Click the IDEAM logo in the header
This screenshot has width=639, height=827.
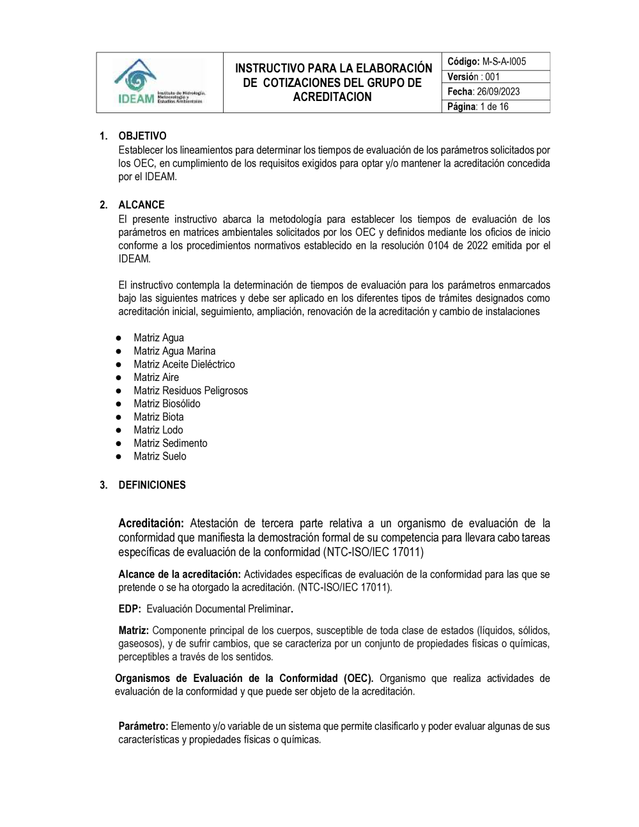(x=158, y=82)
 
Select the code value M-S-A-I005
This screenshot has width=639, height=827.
(x=504, y=61)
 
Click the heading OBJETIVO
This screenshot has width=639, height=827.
(x=142, y=136)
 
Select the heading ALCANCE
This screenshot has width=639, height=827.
(x=141, y=205)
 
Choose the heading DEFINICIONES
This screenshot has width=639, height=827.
(x=152, y=485)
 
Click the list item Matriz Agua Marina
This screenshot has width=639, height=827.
(x=174, y=351)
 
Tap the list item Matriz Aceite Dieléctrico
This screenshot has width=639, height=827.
(x=184, y=364)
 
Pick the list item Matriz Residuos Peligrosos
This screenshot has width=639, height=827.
(x=190, y=390)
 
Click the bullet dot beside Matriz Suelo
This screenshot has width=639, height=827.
(x=119, y=457)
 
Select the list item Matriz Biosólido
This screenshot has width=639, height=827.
(x=167, y=404)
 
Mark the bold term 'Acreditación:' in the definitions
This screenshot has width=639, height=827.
(x=151, y=523)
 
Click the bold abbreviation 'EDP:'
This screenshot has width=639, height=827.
(x=130, y=609)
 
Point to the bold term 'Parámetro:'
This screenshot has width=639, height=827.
(x=143, y=727)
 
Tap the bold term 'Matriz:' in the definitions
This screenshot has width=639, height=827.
(x=134, y=631)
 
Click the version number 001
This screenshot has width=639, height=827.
(x=492, y=77)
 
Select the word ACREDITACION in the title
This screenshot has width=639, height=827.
(x=332, y=97)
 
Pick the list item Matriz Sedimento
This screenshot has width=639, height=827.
(x=170, y=444)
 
